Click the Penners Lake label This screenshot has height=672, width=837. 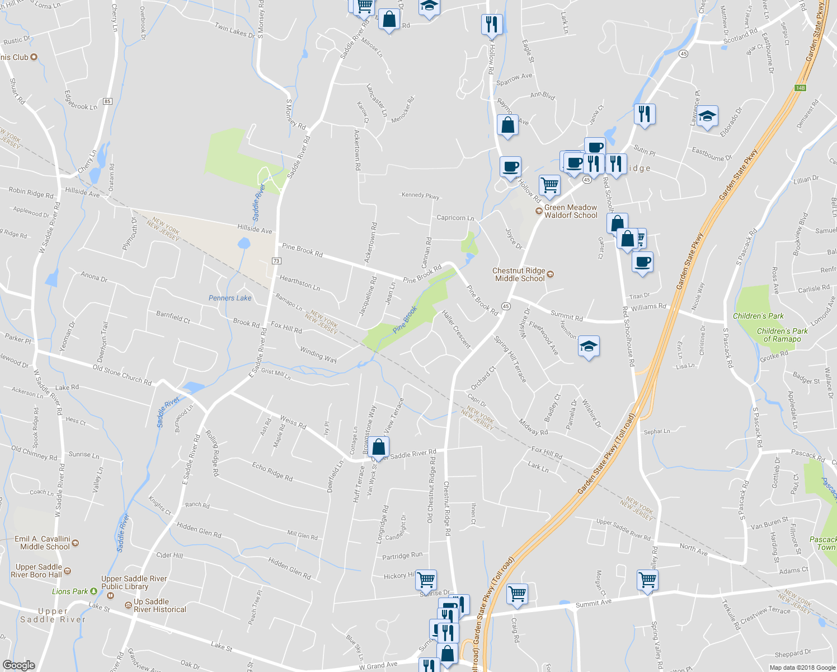(x=230, y=298)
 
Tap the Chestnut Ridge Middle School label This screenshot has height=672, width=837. (x=519, y=274)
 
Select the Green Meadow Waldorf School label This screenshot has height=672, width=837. (x=570, y=211)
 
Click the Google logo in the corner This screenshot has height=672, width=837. (x=18, y=665)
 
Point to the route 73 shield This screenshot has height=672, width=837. (x=276, y=261)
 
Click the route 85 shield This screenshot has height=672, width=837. (x=107, y=101)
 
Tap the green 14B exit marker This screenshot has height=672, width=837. (x=800, y=88)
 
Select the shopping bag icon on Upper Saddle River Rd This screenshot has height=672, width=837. (x=379, y=447)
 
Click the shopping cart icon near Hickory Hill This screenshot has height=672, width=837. (x=426, y=580)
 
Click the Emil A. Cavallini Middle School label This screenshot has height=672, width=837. (x=45, y=543)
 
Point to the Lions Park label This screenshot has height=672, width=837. (x=70, y=591)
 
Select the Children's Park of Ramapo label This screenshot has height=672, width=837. (x=782, y=335)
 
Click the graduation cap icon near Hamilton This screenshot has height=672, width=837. (x=589, y=347)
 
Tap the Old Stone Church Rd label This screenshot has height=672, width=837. (x=122, y=375)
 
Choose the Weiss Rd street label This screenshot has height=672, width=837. (x=293, y=422)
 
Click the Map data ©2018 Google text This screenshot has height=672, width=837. (x=802, y=668)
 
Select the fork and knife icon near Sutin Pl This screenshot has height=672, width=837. (x=645, y=114)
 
